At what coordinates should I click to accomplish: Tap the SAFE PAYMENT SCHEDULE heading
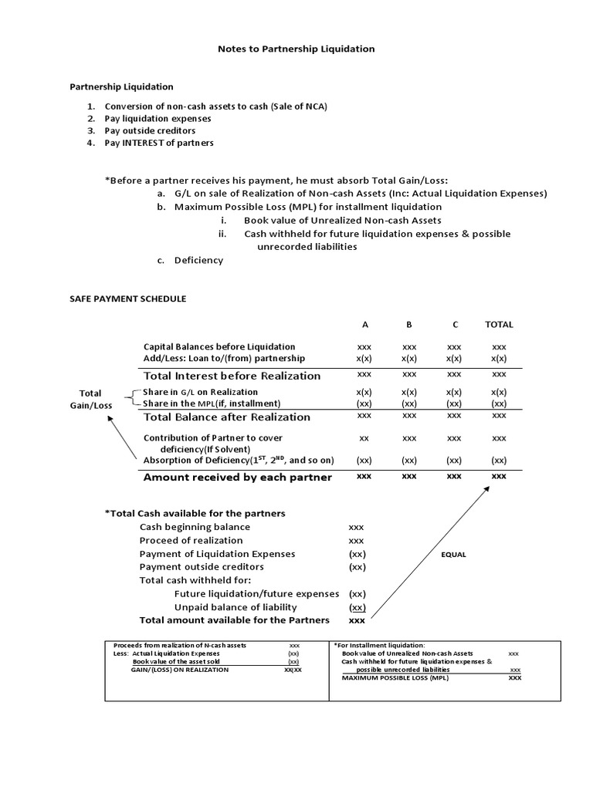pyautogui.click(x=128, y=299)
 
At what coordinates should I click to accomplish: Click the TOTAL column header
pyautogui.click(x=499, y=325)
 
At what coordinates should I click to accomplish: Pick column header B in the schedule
pyautogui.click(x=409, y=325)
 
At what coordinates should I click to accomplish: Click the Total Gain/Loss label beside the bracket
pyautogui.click(x=90, y=399)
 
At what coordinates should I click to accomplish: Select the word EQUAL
pyautogui.click(x=454, y=555)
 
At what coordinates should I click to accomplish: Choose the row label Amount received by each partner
pyautogui.click(x=238, y=477)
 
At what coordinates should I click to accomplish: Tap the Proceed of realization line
pyautogui.click(x=191, y=541)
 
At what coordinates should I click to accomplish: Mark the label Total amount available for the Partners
pyautogui.click(x=234, y=620)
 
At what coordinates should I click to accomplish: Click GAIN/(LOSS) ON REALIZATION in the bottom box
pyautogui.click(x=180, y=670)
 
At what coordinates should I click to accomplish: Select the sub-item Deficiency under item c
pyautogui.click(x=198, y=260)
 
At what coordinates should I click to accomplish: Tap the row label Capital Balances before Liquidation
pyautogui.click(x=219, y=346)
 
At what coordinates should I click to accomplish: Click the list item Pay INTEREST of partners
pyautogui.click(x=159, y=143)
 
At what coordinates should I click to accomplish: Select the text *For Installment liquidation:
pyautogui.click(x=379, y=644)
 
